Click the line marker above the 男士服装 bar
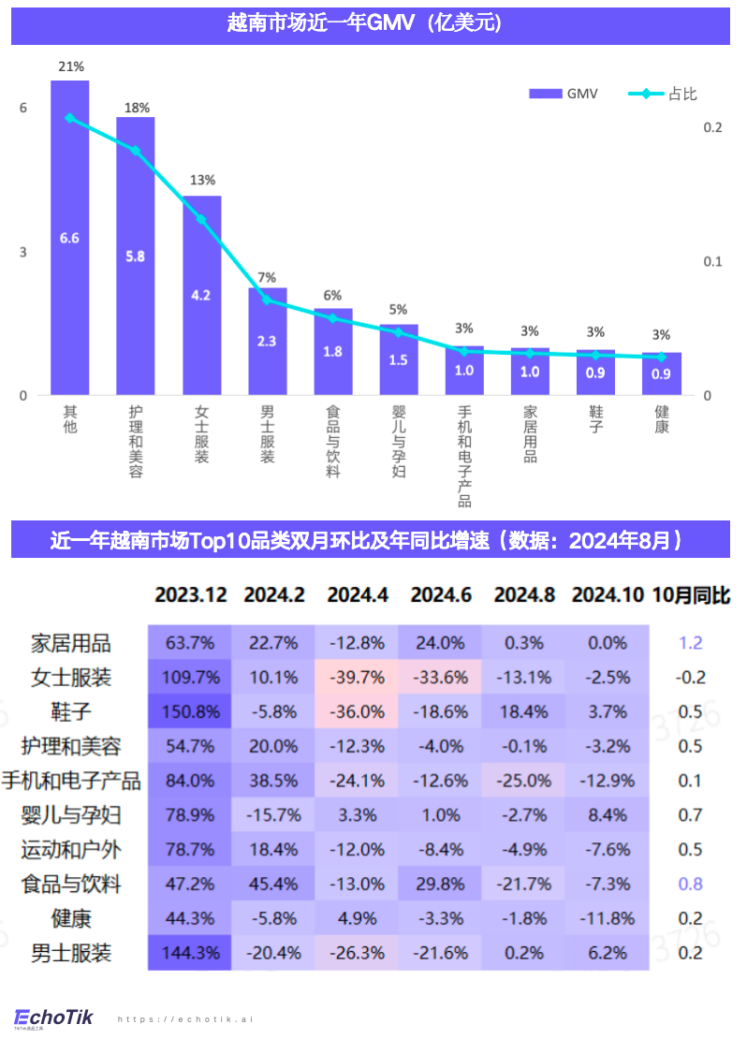[x=267, y=300]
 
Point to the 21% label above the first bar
[x=70, y=67]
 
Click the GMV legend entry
[x=563, y=94]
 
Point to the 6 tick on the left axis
[x=23, y=109]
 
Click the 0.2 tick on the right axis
[x=712, y=127]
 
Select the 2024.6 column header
[x=440, y=595]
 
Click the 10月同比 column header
[x=691, y=595]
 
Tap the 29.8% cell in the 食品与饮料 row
[x=440, y=885]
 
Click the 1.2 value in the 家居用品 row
[x=690, y=643]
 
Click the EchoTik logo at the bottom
[x=54, y=1018]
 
